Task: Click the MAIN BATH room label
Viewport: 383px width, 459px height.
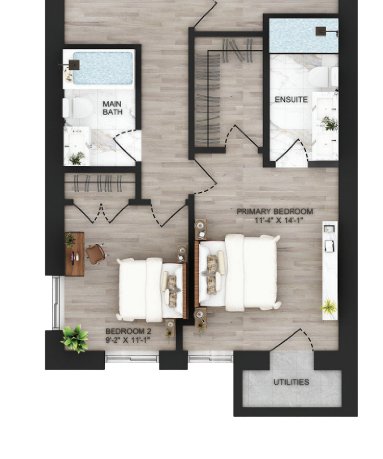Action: click(112, 108)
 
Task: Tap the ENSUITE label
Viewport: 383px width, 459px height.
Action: click(291, 99)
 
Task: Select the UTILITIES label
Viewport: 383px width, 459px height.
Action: click(291, 382)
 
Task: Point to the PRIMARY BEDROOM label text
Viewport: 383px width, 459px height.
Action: click(274, 212)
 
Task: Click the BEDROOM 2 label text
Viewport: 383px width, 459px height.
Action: click(128, 332)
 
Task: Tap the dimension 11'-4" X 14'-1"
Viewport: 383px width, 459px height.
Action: click(279, 220)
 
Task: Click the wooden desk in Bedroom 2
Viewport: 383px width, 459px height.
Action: click(75, 254)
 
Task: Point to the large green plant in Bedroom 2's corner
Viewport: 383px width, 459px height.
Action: click(75, 338)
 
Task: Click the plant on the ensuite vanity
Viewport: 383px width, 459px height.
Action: click(330, 123)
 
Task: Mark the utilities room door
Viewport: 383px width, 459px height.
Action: click(291, 340)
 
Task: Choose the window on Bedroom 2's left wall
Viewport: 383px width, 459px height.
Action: click(56, 303)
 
